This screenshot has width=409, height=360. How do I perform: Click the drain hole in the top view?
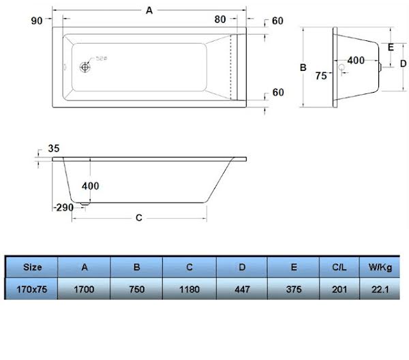[85, 67]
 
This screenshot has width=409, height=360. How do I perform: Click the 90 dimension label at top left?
[37, 20]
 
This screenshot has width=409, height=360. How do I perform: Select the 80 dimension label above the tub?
[220, 20]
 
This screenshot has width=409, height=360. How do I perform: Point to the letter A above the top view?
[149, 10]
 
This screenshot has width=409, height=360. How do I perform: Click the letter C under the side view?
[138, 218]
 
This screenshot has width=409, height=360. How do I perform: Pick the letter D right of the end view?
[403, 63]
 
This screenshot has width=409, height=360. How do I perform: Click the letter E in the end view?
[391, 47]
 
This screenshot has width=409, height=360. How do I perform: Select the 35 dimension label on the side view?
[55, 148]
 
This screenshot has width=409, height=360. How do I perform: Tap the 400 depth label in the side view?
[90, 185]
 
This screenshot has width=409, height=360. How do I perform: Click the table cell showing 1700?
[84, 289]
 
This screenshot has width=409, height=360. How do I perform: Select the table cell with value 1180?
[190, 289]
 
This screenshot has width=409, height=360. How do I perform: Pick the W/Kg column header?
[379, 267]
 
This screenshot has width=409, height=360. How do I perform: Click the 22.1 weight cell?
[379, 289]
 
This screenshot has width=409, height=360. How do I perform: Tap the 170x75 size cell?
[31, 289]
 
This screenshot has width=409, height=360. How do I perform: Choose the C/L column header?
[339, 267]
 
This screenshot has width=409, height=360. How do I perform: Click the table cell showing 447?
[242, 289]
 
